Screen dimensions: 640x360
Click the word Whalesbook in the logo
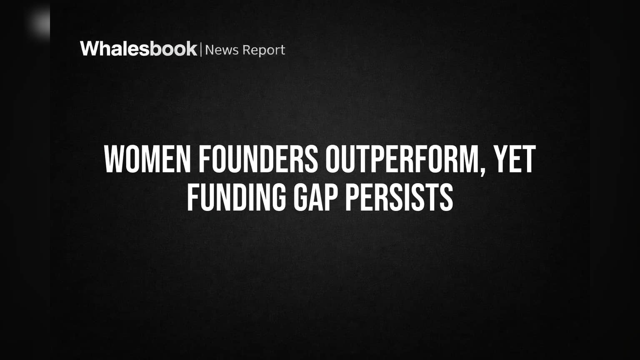[139, 49]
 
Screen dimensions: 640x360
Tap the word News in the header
[222, 50]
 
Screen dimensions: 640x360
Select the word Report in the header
[264, 50]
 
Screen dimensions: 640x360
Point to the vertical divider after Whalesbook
[201, 50]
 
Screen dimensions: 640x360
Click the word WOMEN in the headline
[147, 159]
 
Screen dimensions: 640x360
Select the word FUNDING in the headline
[236, 197]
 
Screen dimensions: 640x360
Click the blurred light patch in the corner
[40, 22]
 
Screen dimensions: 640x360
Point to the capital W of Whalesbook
[90, 49]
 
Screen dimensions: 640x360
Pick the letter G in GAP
[300, 197]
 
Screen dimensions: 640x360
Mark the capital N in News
[210, 50]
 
